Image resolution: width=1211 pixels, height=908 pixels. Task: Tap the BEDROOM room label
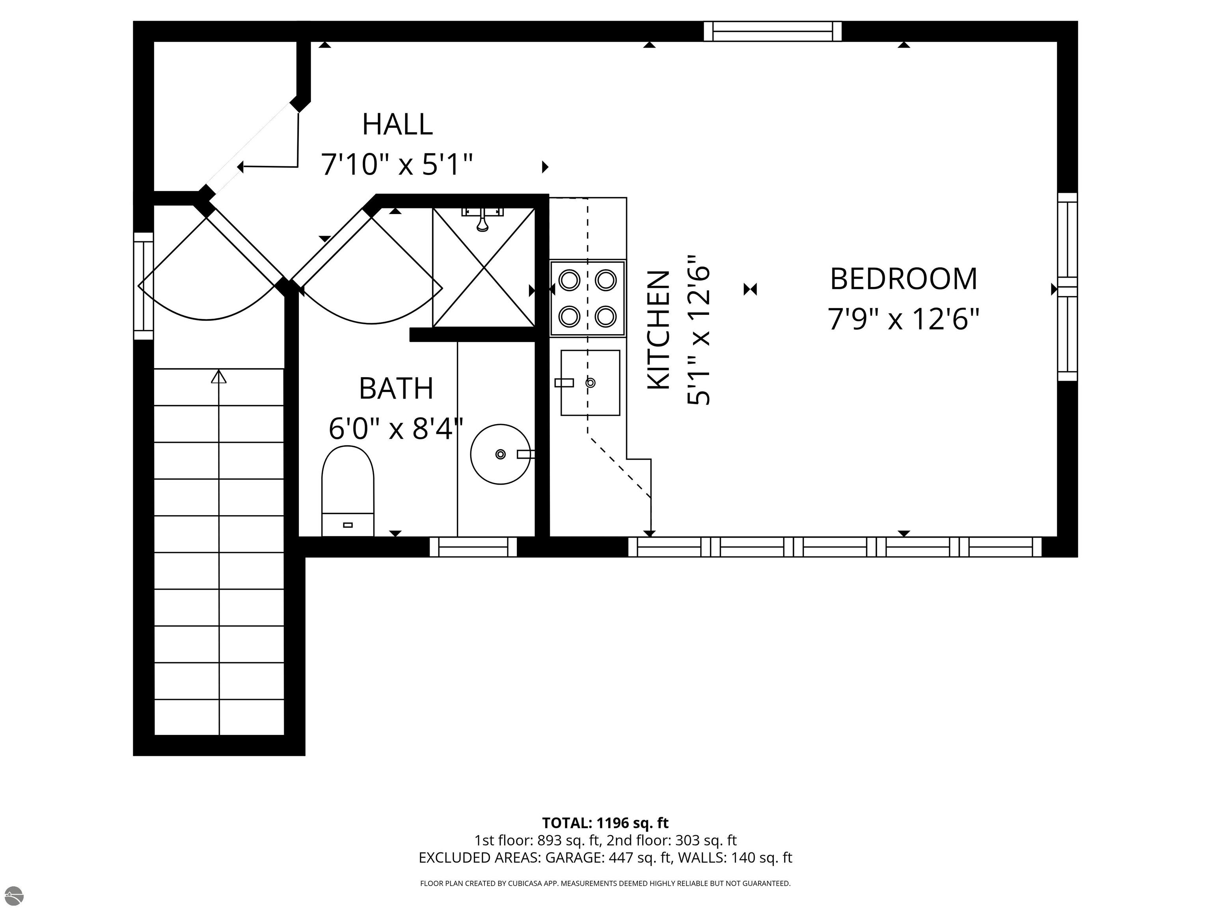click(x=904, y=279)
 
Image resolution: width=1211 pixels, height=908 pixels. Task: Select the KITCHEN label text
click(x=659, y=330)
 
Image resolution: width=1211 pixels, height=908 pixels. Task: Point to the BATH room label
click(x=396, y=388)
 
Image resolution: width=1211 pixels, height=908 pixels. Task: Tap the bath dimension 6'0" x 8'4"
click(x=396, y=428)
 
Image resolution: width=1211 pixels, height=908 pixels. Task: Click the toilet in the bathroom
click(x=348, y=491)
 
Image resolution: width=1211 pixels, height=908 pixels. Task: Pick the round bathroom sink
click(x=501, y=454)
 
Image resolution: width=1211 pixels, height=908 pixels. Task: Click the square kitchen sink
click(x=590, y=383)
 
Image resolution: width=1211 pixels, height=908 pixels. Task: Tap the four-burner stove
click(x=587, y=298)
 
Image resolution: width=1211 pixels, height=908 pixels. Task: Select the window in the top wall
click(x=773, y=31)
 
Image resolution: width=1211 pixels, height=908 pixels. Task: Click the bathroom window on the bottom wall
click(x=473, y=547)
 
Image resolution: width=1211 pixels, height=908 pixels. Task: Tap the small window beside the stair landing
click(x=143, y=286)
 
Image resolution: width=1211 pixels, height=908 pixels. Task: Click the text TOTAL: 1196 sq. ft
click(x=605, y=822)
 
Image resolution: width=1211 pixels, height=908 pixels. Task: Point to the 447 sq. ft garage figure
click(x=639, y=858)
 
